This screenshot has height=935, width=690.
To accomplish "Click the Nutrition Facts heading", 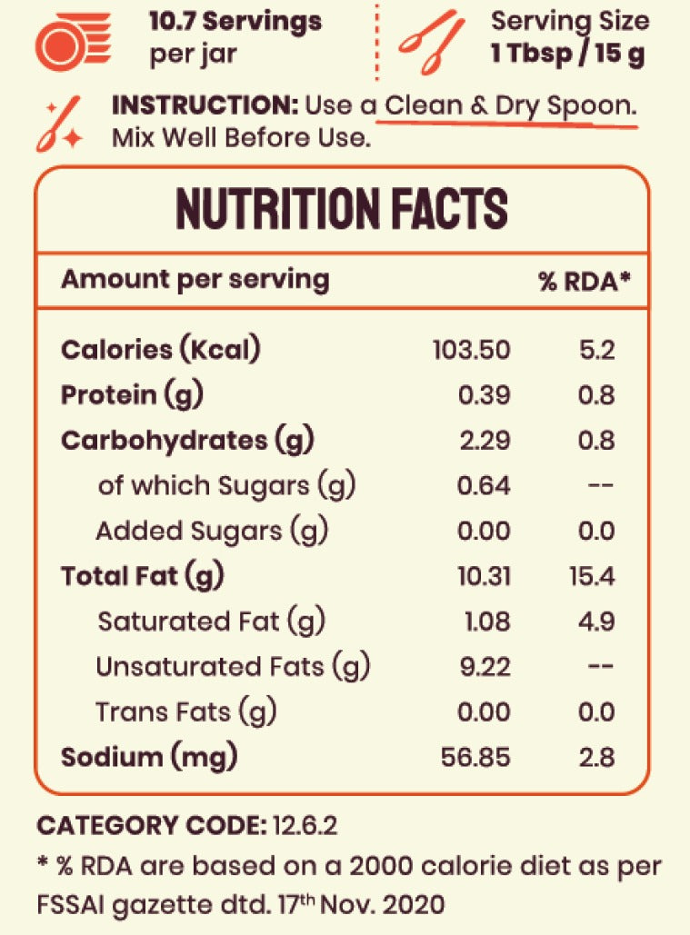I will (x=342, y=210).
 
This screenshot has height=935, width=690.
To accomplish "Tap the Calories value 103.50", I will (x=471, y=350).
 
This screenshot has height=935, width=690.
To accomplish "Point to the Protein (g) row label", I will (x=132, y=395).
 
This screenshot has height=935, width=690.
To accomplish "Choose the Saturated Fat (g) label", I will (x=211, y=622).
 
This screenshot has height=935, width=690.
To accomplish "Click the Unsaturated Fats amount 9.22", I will (x=485, y=667).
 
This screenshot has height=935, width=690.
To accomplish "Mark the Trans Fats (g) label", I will (x=185, y=712).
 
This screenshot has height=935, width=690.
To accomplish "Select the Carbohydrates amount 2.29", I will (x=484, y=441).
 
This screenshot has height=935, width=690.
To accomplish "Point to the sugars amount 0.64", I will (x=484, y=486).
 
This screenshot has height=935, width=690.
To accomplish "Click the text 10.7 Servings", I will (x=235, y=20).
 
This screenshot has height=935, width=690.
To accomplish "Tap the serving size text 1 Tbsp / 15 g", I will (x=568, y=53).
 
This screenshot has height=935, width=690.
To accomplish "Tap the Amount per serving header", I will (x=195, y=279).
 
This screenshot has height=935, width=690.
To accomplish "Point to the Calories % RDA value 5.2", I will (x=597, y=350).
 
